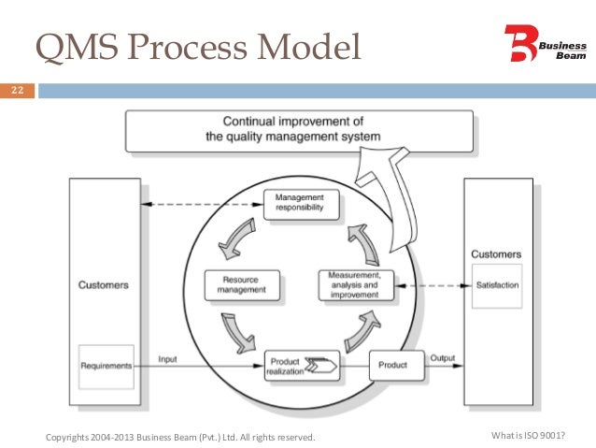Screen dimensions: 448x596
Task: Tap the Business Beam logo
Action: pyautogui.click(x=544, y=43)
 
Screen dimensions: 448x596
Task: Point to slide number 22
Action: pyautogui.click(x=18, y=92)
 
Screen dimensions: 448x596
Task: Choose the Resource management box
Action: pyautogui.click(x=241, y=284)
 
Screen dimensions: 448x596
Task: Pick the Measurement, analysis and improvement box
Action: pyautogui.click(x=353, y=284)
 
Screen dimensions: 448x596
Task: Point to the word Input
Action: pyautogui.click(x=168, y=358)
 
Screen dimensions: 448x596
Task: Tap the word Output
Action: pyautogui.click(x=444, y=358)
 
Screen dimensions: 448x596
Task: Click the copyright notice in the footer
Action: pyautogui.click(x=180, y=437)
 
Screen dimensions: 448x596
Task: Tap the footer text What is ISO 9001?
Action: pyautogui.click(x=528, y=437)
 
